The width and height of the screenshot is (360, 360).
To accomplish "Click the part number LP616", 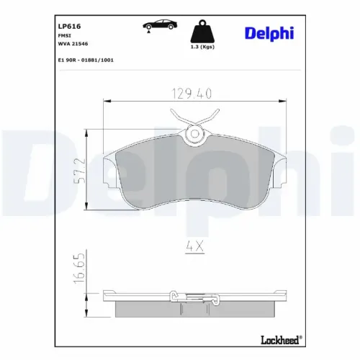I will click(x=69, y=25).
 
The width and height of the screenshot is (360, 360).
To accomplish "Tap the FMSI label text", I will click(x=64, y=35).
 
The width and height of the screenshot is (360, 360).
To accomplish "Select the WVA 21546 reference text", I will click(x=72, y=43).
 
